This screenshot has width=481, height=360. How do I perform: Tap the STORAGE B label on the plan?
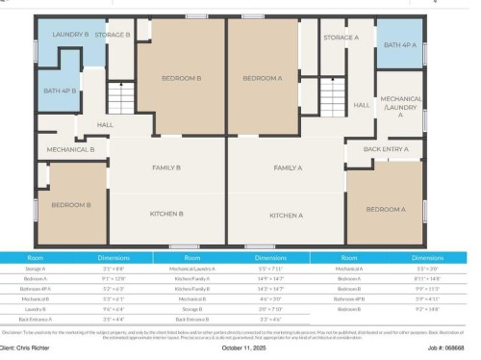[x=113, y=35]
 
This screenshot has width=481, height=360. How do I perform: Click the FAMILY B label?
[x=166, y=168]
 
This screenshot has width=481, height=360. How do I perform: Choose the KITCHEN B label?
[x=166, y=214]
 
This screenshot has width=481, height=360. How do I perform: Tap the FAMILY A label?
[x=288, y=168]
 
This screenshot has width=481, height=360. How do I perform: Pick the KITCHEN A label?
[x=287, y=215]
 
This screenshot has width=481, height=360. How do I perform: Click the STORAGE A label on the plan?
[x=341, y=38]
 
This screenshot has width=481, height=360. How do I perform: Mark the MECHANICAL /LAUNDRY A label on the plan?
[x=400, y=106]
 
